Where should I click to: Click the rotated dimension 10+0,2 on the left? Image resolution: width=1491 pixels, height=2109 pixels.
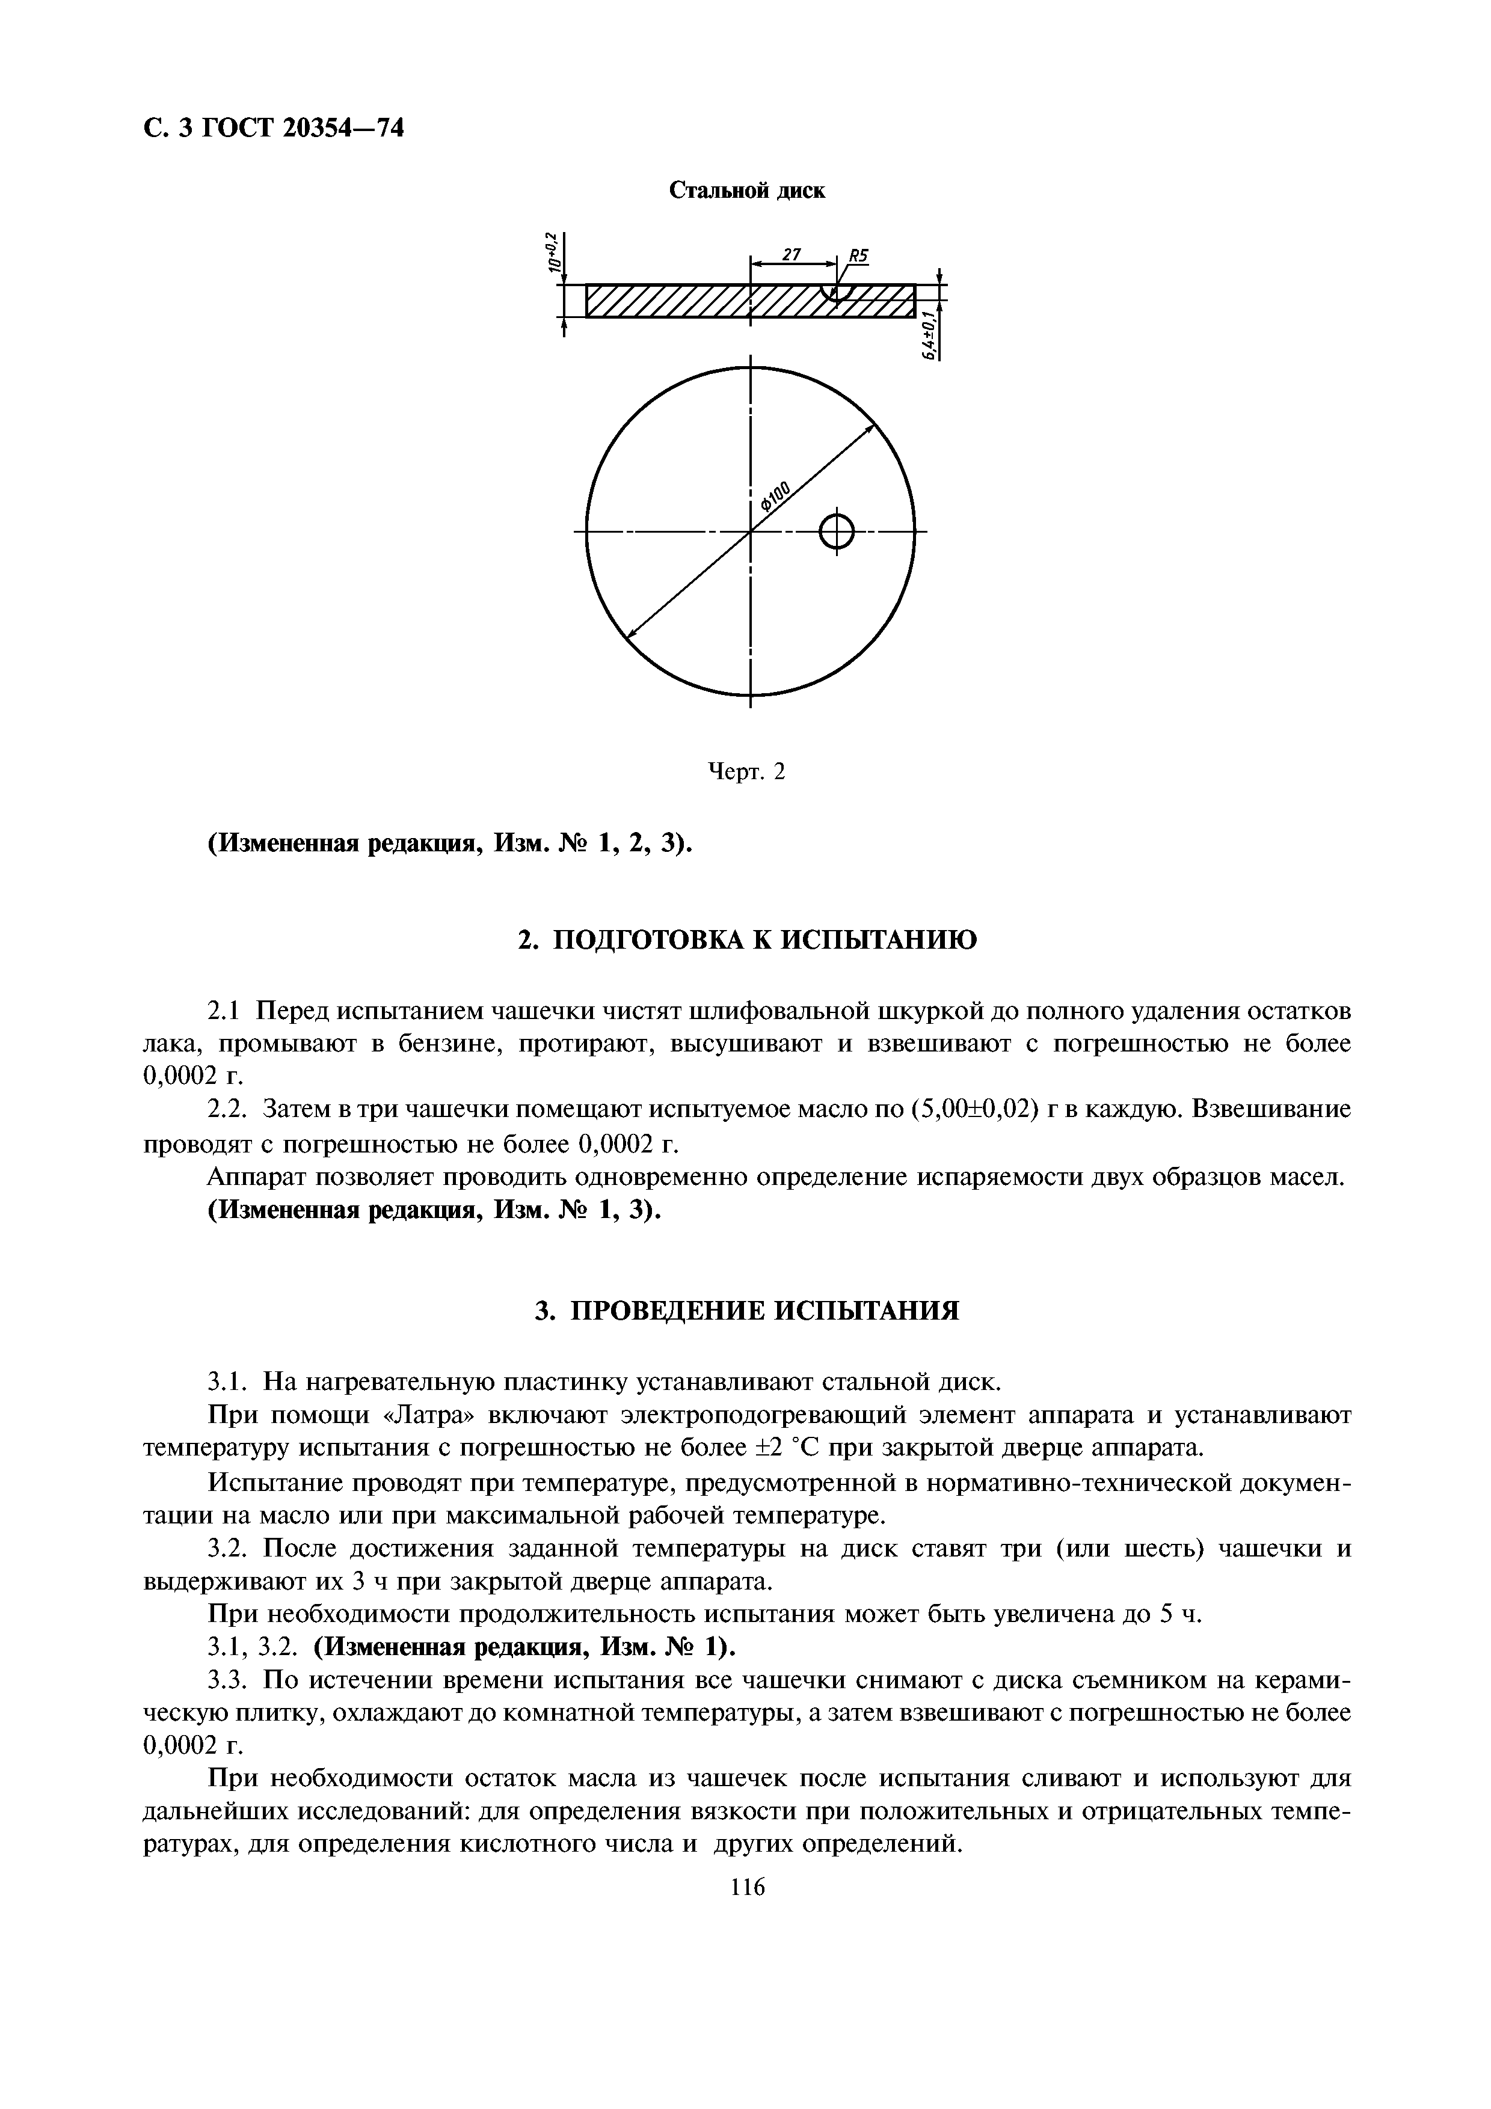553,252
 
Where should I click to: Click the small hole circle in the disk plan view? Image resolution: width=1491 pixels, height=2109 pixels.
836,531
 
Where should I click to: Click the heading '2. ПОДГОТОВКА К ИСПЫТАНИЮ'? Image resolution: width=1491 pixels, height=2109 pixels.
747,941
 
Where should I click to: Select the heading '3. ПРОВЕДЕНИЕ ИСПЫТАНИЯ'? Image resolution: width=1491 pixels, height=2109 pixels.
747,1311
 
